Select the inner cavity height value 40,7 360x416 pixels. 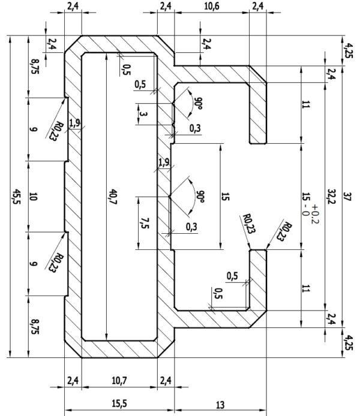[113, 197]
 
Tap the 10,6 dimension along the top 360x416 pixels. [212, 7]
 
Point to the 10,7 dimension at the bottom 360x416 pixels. [119, 381]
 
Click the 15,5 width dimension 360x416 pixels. [119, 404]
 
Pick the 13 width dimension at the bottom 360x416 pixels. [220, 405]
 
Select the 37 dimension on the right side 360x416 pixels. [347, 197]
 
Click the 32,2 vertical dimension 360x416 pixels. [331, 197]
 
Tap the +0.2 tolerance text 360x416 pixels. [315, 214]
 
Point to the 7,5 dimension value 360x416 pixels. [145, 223]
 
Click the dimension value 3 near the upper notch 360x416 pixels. [143, 114]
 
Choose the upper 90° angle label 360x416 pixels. [199, 104]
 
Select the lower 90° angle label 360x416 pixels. [200, 197]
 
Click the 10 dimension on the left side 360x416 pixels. [33, 197]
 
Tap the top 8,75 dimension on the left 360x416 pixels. [35, 67]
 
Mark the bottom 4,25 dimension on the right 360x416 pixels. [349, 343]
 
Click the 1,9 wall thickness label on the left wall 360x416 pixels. [74, 123]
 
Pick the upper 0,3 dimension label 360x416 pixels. [195, 128]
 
